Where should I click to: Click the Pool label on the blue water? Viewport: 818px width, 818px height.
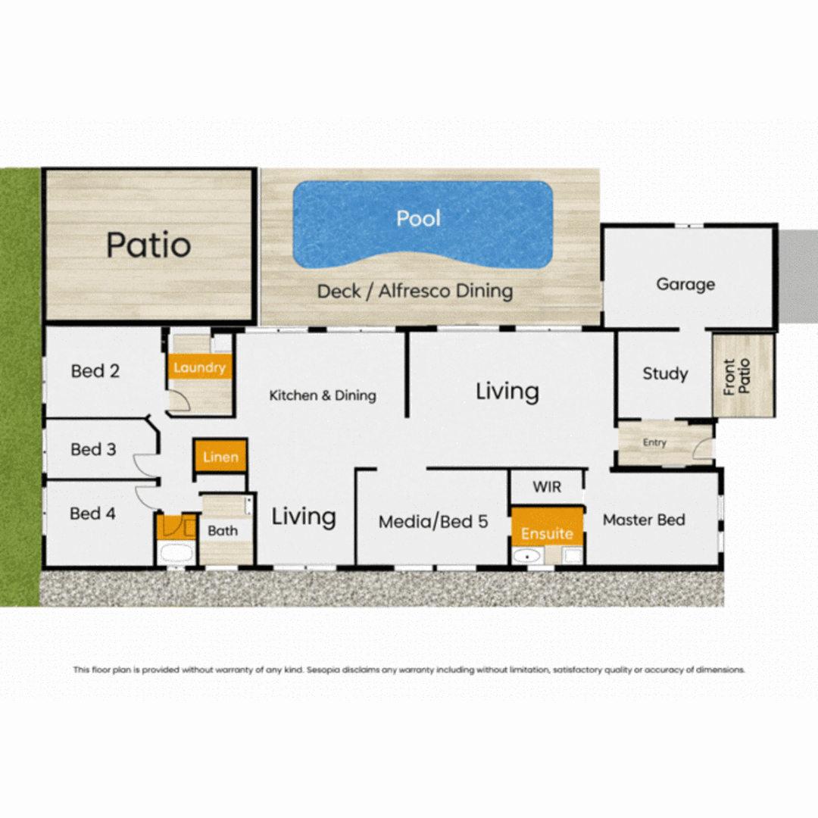[x=419, y=219]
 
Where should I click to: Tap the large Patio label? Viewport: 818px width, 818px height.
[x=148, y=245]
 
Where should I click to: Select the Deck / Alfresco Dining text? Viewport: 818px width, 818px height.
[x=414, y=291]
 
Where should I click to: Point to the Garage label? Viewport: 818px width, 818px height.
[x=685, y=284]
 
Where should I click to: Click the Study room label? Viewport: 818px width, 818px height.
[x=665, y=373]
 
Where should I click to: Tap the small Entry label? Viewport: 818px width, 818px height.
[x=654, y=443]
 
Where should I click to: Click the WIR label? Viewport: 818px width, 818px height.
[x=547, y=487]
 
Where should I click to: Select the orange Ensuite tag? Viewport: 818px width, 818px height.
[x=547, y=533]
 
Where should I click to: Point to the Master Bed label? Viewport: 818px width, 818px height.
[x=644, y=520]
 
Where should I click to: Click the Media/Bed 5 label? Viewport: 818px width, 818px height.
[x=433, y=521]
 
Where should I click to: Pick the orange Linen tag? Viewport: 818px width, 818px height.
[x=220, y=457]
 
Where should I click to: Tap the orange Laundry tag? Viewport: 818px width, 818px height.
[x=199, y=368]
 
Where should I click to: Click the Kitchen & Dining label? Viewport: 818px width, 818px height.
[x=323, y=395]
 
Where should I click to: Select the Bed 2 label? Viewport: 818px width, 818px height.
[x=95, y=371]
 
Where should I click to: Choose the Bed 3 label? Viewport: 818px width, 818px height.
[x=93, y=449]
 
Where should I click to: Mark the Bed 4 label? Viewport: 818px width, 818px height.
[x=92, y=514]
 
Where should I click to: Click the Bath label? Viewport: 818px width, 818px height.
[x=223, y=531]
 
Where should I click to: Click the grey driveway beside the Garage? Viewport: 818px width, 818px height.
[x=798, y=276]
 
